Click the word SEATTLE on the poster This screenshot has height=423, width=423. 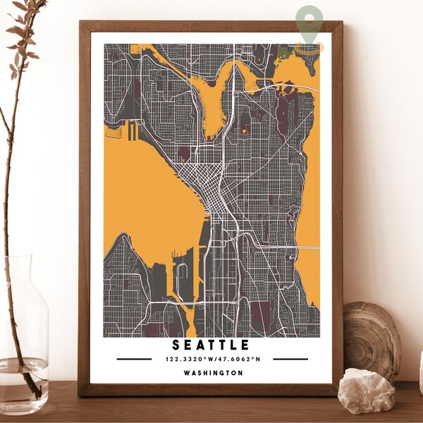[x=211, y=345]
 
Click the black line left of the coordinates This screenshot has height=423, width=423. [x=134, y=359]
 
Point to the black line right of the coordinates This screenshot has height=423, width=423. [x=290, y=359]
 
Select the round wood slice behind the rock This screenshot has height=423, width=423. [x=372, y=339]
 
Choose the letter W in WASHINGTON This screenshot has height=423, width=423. [x=185, y=373]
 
